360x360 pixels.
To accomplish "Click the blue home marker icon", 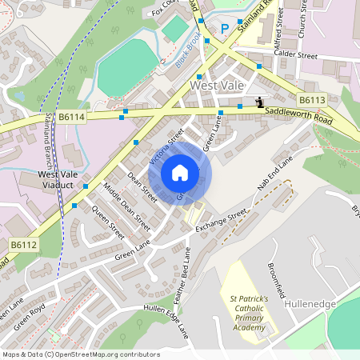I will [180, 173].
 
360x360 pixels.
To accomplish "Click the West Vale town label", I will [216, 84].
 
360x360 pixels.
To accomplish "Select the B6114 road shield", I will [72, 116].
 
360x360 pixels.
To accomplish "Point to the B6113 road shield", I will [312, 99].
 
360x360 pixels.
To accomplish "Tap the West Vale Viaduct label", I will [58, 179].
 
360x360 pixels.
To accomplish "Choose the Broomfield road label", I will [278, 278].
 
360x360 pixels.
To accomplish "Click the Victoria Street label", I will [166, 146].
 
